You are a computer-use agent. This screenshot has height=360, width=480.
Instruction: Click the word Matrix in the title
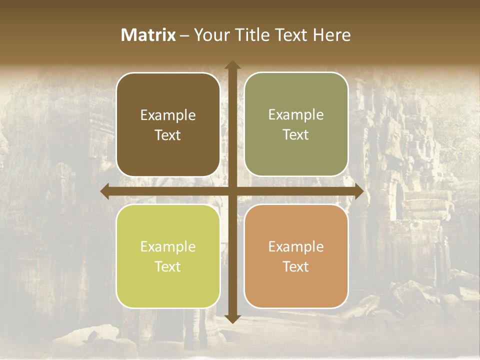tap(148, 35)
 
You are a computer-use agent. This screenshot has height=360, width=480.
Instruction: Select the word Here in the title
tap(332, 35)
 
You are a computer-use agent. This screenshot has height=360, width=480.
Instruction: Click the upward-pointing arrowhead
tap(232, 65)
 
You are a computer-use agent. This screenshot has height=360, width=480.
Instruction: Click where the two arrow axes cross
tap(232, 191)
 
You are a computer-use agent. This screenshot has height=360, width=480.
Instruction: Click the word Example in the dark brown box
tap(168, 115)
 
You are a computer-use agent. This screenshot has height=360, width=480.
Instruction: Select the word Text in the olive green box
tap(296, 135)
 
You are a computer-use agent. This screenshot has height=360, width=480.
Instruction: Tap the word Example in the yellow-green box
tap(168, 247)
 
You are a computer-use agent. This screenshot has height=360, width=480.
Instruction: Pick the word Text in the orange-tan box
tap(296, 266)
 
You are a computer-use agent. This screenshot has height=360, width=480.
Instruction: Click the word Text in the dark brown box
tap(168, 135)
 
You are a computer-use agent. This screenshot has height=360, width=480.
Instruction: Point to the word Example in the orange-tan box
tap(296, 246)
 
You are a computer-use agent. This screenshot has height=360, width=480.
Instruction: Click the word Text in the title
tap(291, 35)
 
